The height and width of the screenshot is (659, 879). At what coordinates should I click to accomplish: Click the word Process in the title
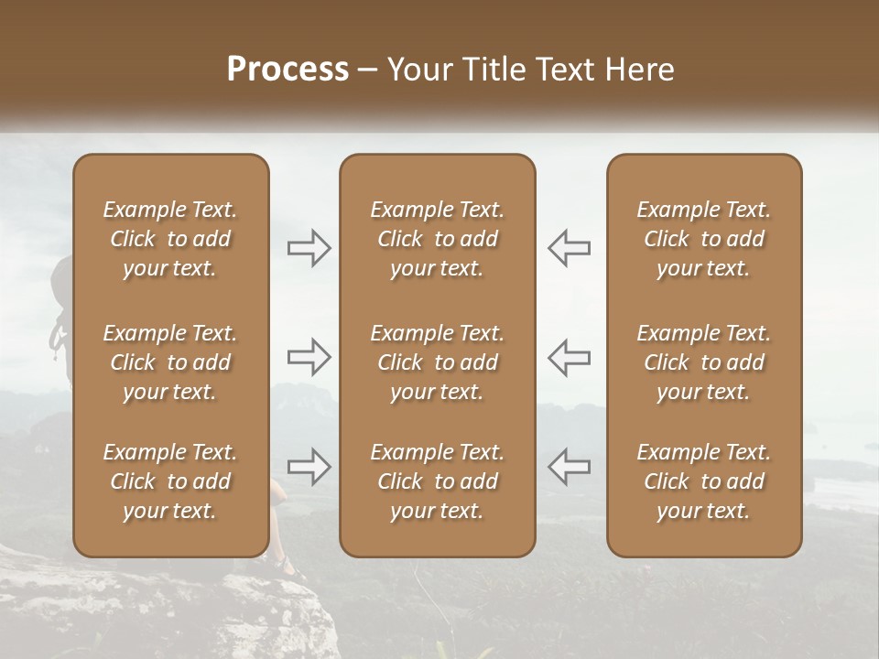288,70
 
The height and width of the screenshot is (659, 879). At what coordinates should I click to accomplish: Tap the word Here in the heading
641,70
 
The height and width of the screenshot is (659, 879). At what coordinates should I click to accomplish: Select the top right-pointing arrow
309,248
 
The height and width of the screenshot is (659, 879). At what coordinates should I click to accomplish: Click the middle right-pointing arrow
309,357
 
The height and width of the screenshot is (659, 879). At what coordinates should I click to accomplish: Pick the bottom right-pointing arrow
309,467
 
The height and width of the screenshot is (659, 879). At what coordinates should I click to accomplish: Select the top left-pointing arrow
569,248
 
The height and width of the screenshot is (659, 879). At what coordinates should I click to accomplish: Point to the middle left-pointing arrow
569,357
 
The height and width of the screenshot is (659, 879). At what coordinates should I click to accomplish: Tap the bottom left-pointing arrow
569,467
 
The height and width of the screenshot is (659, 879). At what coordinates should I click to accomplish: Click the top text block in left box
170,239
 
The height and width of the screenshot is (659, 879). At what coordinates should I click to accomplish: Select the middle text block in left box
170,362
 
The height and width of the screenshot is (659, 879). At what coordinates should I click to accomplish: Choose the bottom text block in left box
170,481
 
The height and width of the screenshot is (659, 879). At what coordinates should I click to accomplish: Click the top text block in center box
437,239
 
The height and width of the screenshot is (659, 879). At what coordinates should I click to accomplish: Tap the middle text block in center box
437,362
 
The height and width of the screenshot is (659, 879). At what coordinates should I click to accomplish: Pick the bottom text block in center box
437,481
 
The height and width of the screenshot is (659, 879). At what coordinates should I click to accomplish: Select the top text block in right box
703,239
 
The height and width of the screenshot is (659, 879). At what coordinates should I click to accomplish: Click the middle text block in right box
703,362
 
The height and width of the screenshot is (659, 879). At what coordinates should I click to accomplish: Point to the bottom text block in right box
703,481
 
